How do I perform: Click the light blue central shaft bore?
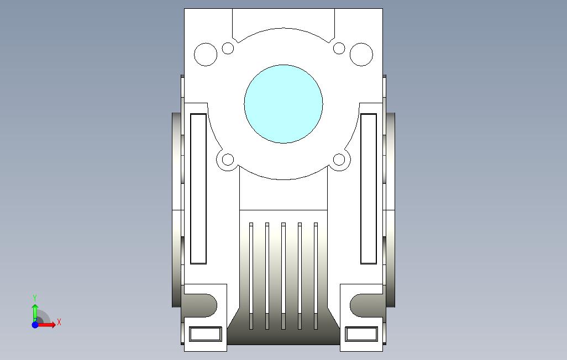(283, 104)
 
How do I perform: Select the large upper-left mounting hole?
(206, 54)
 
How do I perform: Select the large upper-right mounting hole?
(361, 54)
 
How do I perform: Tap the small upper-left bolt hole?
(228, 48)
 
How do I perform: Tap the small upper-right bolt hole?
(339, 48)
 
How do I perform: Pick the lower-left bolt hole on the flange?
(228, 160)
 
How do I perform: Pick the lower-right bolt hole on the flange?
(339, 160)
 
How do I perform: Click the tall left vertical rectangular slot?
(198, 189)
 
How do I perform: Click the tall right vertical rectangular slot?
(369, 189)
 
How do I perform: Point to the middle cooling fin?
(283, 276)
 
